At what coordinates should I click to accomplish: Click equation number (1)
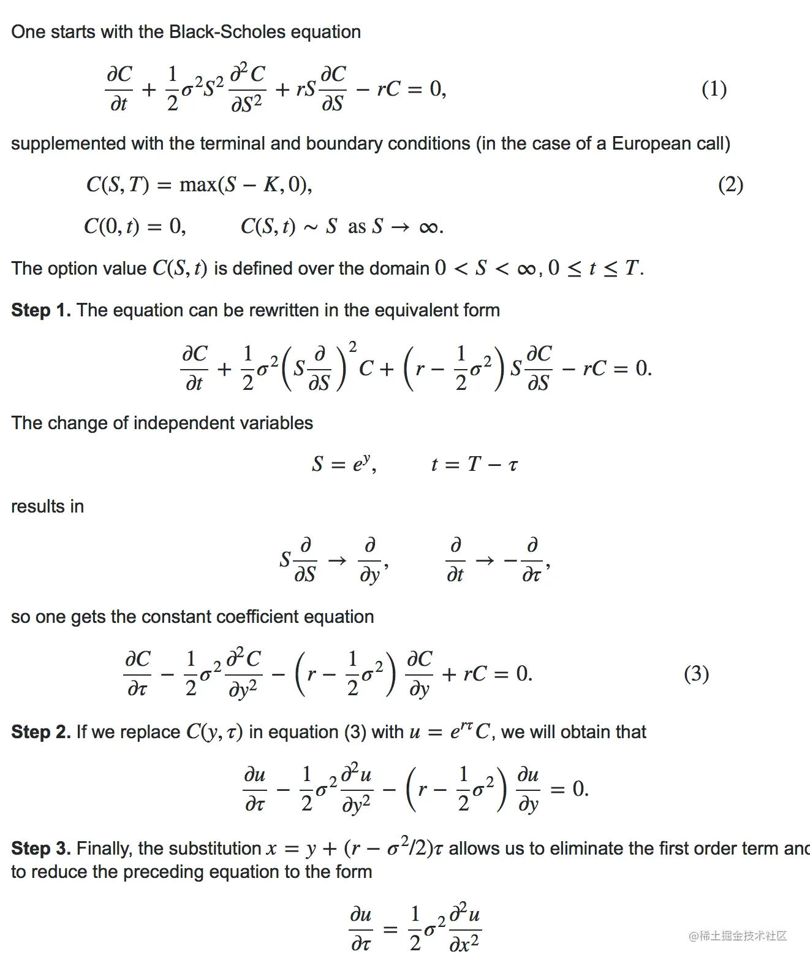714,90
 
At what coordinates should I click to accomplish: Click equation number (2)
730,185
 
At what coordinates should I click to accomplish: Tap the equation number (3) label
696,674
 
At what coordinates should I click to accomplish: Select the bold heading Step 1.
41,310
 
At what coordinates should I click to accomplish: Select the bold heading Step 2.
41,732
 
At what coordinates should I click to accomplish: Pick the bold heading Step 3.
41,849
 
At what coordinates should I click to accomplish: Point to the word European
651,143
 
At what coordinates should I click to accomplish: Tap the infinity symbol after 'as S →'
428,227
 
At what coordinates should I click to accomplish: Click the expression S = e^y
343,464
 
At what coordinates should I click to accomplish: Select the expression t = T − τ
474,464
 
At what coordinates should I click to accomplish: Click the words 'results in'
47,506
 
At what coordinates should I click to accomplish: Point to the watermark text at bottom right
738,936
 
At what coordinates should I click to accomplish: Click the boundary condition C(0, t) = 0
135,227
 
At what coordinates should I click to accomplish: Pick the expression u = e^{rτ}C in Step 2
450,731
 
